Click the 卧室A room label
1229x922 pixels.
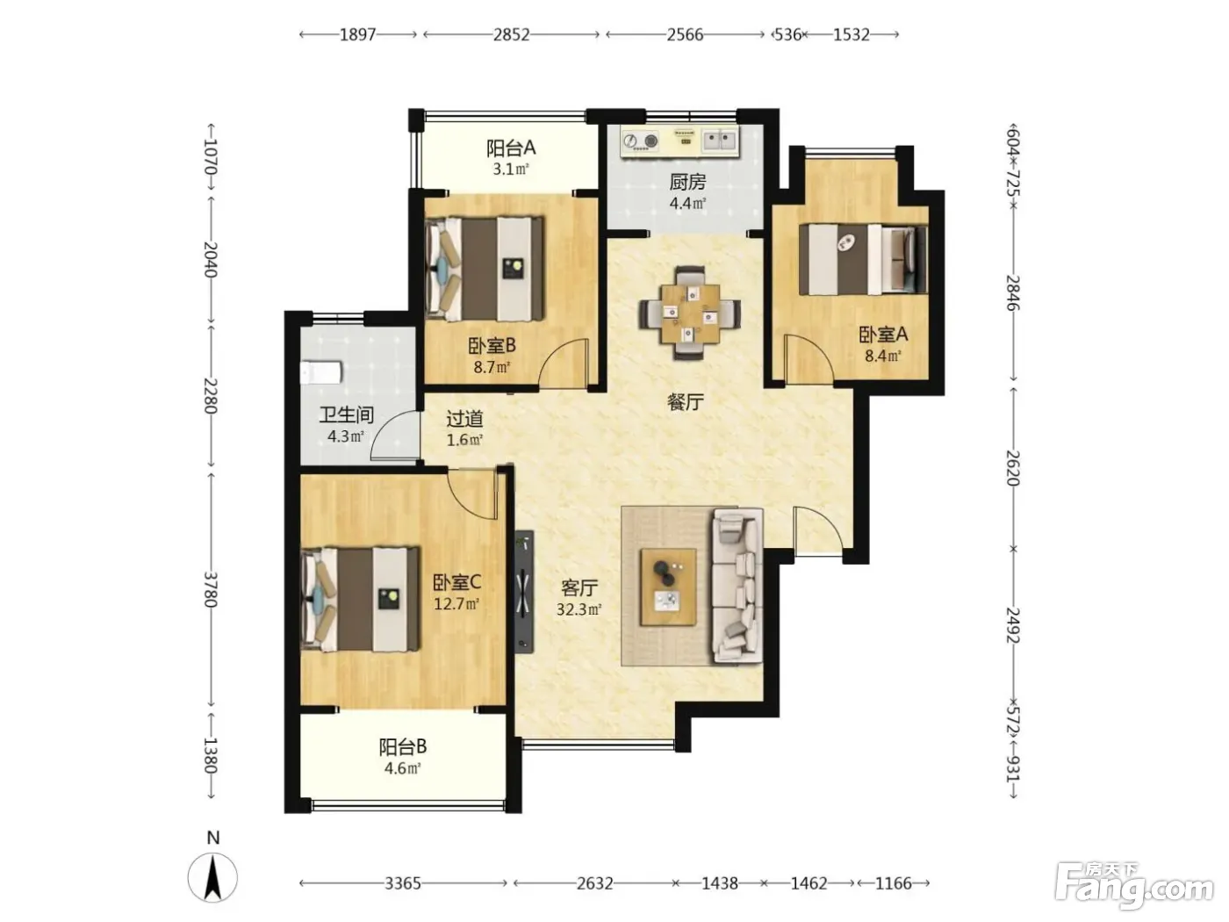point(882,335)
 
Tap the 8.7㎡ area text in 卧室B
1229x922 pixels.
point(492,367)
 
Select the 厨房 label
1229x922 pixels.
point(687,182)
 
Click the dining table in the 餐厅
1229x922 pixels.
point(690,313)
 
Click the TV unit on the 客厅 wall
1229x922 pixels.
point(524,591)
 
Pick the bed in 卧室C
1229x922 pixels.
point(360,600)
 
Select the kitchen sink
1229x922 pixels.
point(718,140)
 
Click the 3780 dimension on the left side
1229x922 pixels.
point(210,589)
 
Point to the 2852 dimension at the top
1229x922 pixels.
point(511,35)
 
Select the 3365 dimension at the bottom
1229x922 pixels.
point(403,883)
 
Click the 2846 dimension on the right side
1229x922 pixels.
point(1013,292)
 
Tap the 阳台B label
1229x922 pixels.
point(403,746)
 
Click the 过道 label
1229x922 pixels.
point(464,418)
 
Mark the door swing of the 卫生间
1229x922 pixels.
point(394,436)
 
